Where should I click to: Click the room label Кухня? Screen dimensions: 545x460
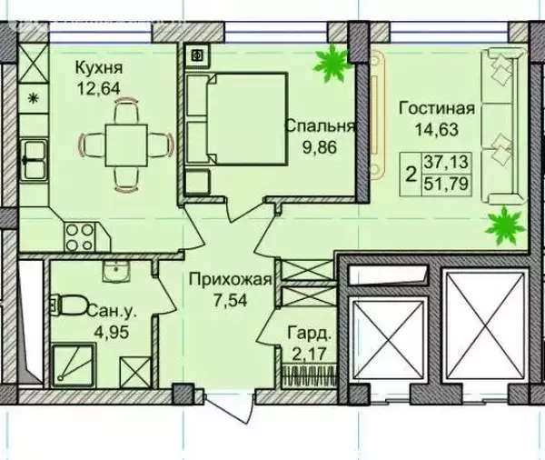pos(99,68)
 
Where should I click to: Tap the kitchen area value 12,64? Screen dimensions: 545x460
pos(99,88)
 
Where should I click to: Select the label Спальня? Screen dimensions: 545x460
pos(320,126)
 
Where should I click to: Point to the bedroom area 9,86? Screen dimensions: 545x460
pos(320,147)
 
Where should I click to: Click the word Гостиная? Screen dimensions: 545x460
pos(437,108)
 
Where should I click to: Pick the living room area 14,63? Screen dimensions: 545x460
pos(437,129)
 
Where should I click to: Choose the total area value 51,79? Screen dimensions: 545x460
pos(446,184)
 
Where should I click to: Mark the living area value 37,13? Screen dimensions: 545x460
pos(446,162)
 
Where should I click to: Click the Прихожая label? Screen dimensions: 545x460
pos(230,279)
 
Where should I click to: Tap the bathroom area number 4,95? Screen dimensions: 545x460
pos(112,332)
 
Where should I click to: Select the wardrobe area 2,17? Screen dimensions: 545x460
pos(307,355)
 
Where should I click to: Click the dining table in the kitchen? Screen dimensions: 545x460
pos(126,145)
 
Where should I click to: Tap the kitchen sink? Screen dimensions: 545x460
pos(34,160)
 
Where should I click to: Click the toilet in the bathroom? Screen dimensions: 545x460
pos(69,305)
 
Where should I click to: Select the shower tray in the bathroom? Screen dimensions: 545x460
pos(74,365)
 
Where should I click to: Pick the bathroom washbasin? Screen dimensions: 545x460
pos(116,271)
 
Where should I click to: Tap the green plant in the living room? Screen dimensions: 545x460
pos(505,225)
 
